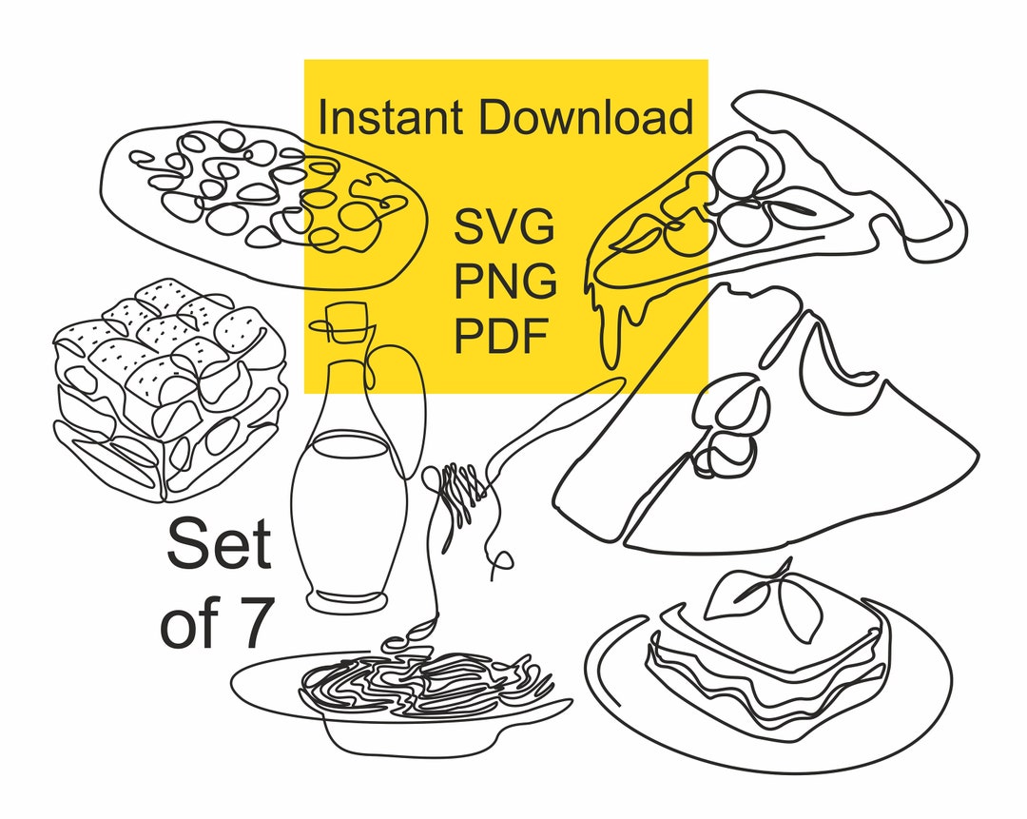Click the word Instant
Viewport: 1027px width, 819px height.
pos(391,119)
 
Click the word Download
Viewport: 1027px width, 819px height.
pos(585,119)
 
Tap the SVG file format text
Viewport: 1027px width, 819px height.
pos(504,229)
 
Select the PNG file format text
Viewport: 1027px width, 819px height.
pos(505,283)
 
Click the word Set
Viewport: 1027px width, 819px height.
pos(219,546)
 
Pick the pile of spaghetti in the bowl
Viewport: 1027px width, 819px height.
pos(423,685)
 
